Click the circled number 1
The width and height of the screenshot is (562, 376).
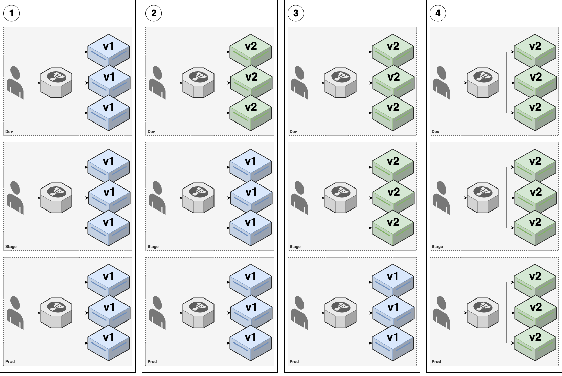[x=12, y=13]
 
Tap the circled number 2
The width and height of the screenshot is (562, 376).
[x=154, y=13]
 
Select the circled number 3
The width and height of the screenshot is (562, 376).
[x=296, y=13]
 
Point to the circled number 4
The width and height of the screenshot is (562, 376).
[x=438, y=13]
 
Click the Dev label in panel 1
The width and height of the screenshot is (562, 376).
[x=9, y=132]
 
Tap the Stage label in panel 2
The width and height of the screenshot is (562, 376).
[x=153, y=246]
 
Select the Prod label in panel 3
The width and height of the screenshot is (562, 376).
[x=294, y=362]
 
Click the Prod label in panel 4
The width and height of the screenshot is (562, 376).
[x=436, y=362]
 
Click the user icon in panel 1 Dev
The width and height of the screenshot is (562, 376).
[x=15, y=83]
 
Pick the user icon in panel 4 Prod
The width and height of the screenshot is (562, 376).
[x=441, y=313]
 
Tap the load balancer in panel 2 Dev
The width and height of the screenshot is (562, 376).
[x=199, y=83]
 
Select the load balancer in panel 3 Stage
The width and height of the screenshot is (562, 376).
[x=340, y=198]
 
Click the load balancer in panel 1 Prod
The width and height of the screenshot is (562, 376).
[x=57, y=313]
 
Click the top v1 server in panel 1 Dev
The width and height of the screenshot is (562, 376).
[x=109, y=50]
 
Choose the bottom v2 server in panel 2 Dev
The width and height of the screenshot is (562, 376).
[x=251, y=113]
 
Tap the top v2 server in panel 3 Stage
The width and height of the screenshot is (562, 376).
[x=392, y=165]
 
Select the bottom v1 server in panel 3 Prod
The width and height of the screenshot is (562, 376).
[x=392, y=343]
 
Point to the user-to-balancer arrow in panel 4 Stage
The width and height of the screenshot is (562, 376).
[x=458, y=198]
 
